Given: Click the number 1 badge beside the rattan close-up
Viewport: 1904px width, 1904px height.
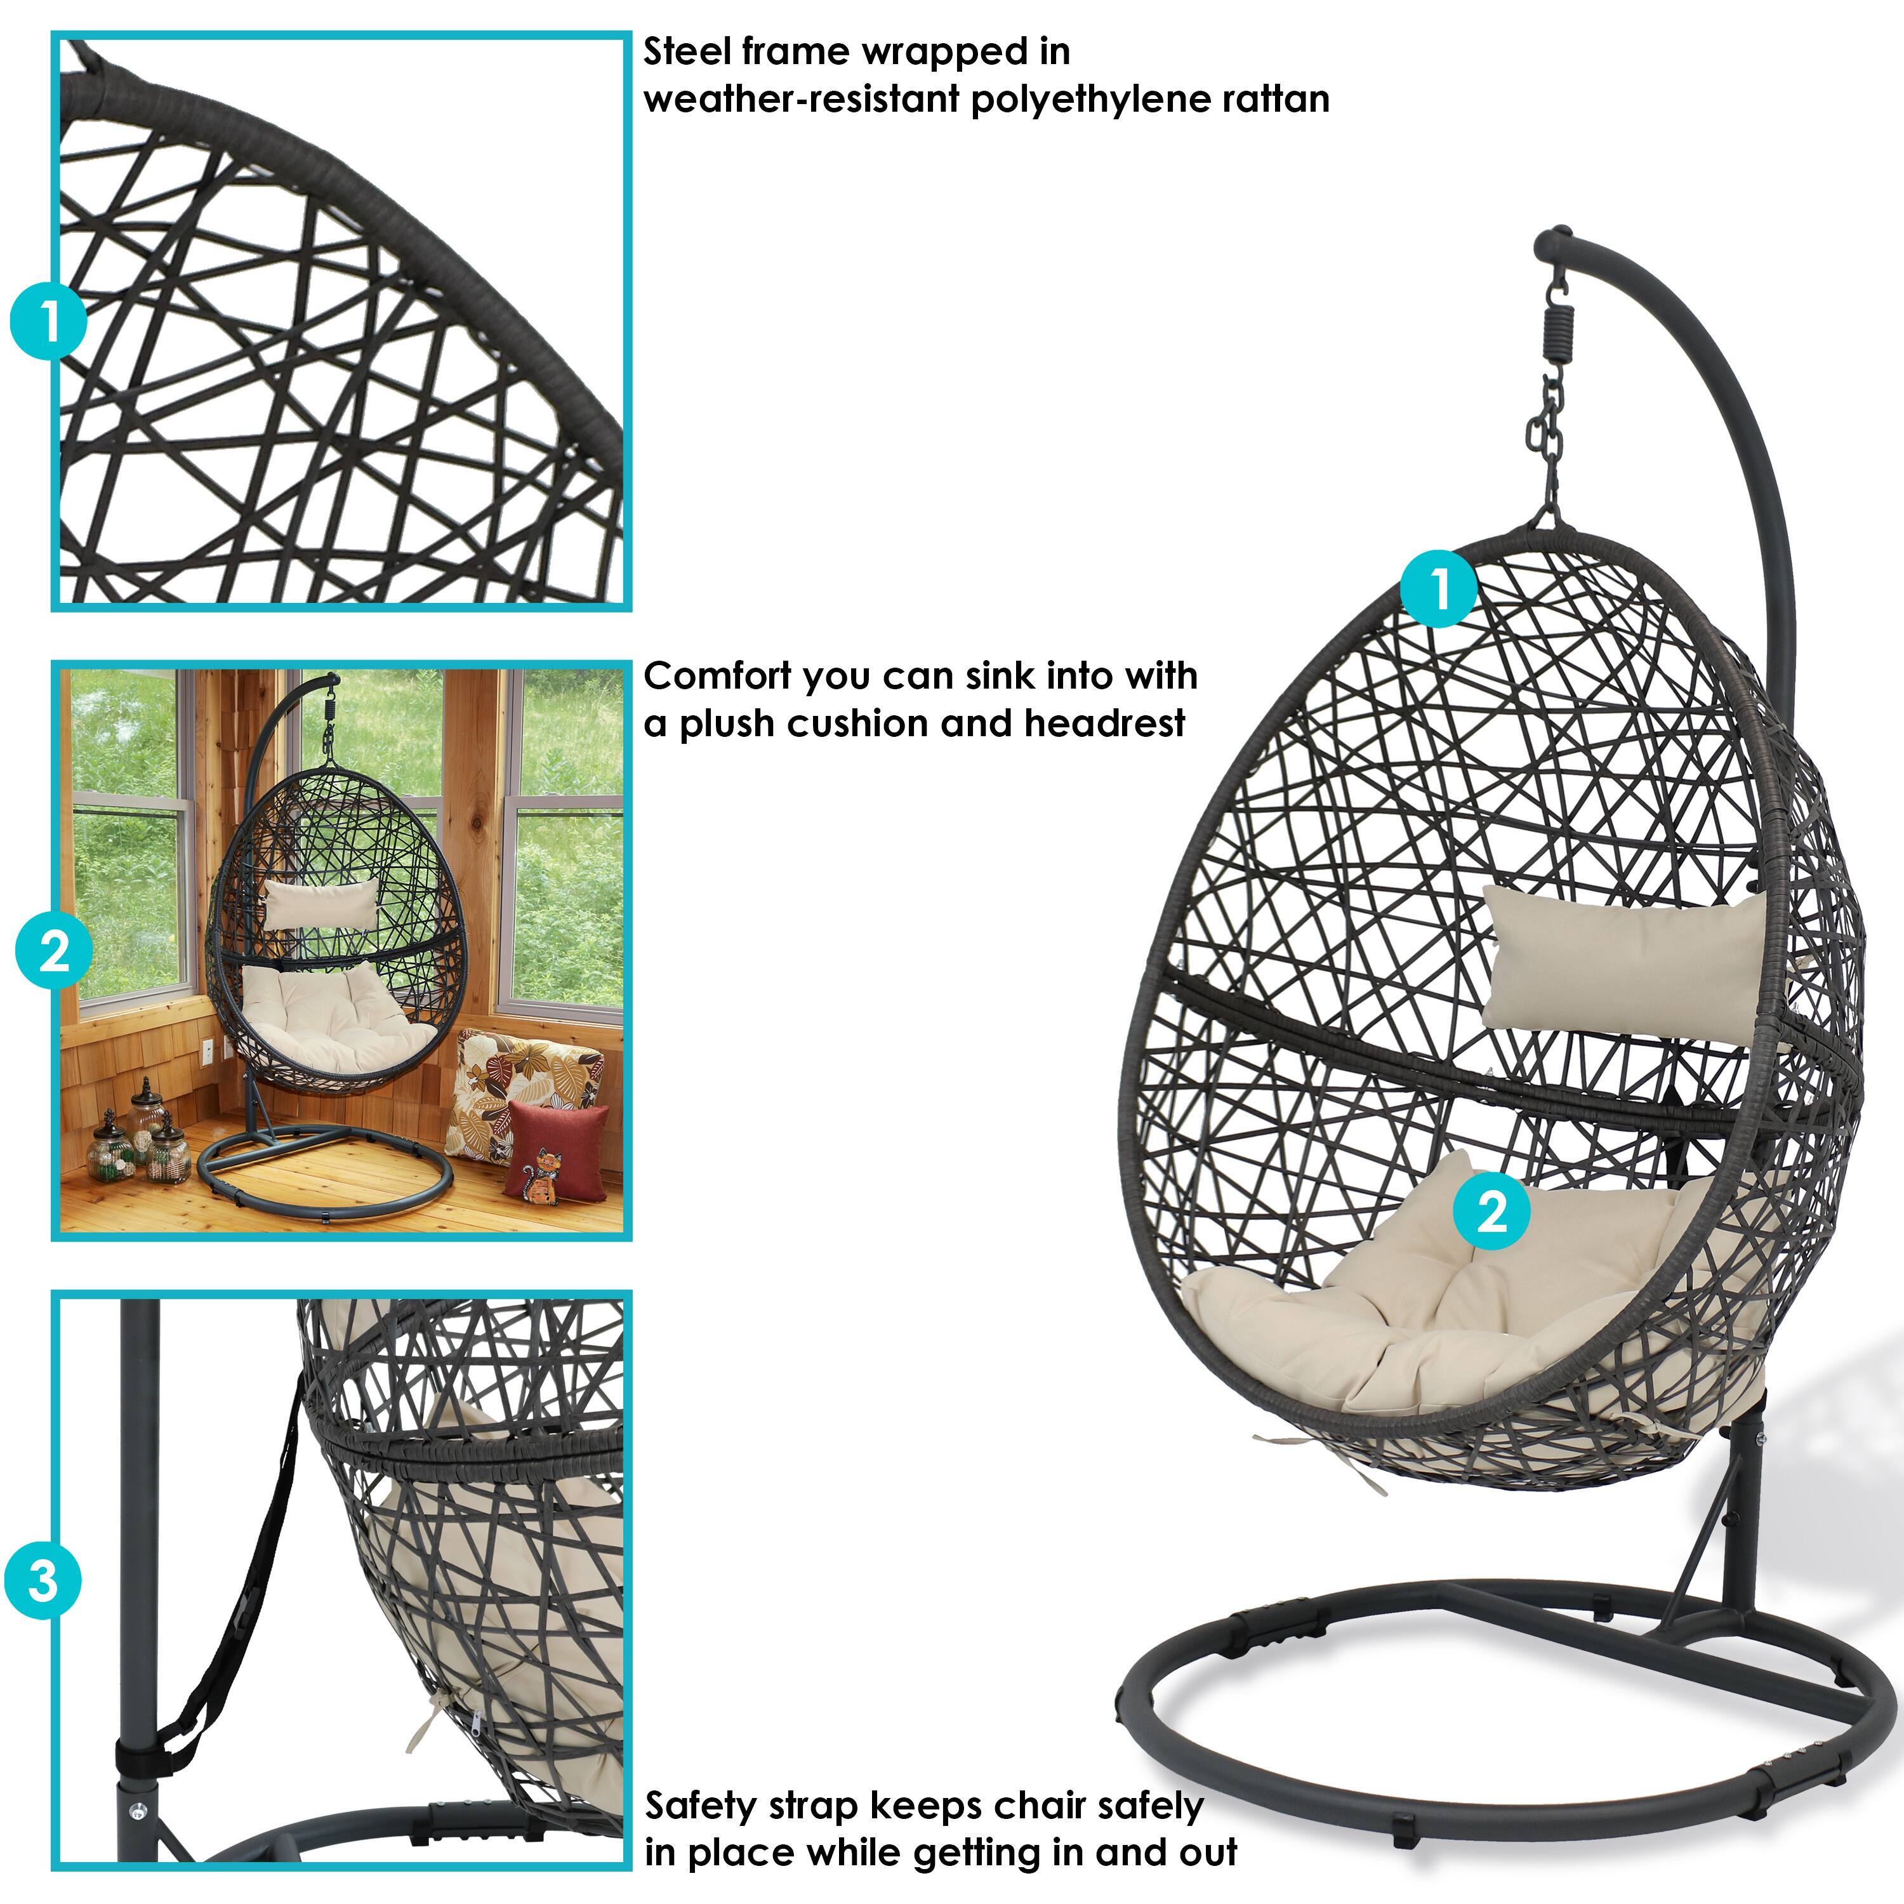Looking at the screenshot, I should [48, 321].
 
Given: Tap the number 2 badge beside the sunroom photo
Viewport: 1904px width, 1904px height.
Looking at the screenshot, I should [53, 951].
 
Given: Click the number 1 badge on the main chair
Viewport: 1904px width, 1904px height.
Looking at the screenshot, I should [1440, 590].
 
